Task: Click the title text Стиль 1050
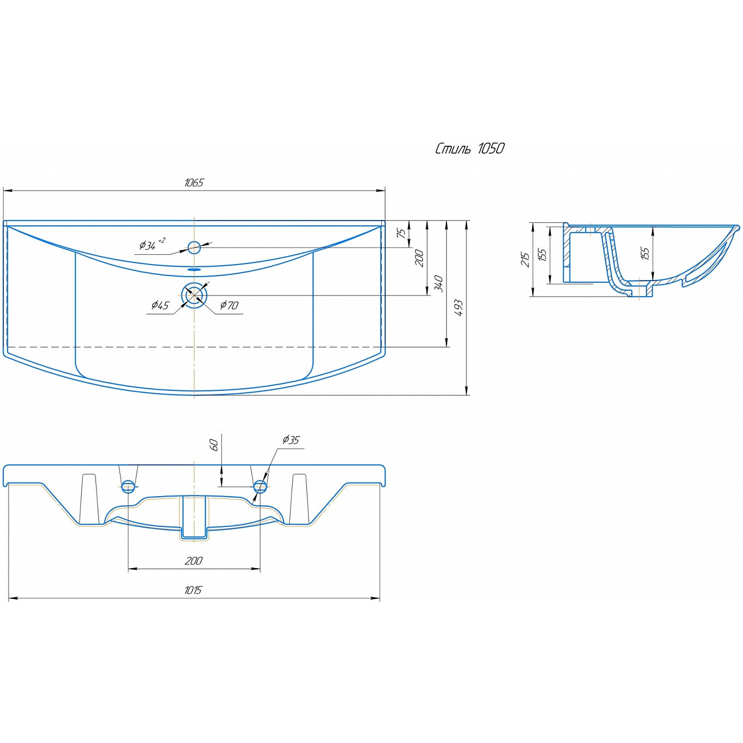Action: point(469,149)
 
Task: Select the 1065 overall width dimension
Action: point(194,182)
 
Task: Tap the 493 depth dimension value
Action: point(459,307)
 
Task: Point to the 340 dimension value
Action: point(440,283)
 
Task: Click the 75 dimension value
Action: point(401,233)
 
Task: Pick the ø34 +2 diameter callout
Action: point(152,244)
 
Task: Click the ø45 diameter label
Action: point(160,305)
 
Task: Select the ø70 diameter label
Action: point(229,305)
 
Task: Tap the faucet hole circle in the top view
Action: point(194,247)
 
